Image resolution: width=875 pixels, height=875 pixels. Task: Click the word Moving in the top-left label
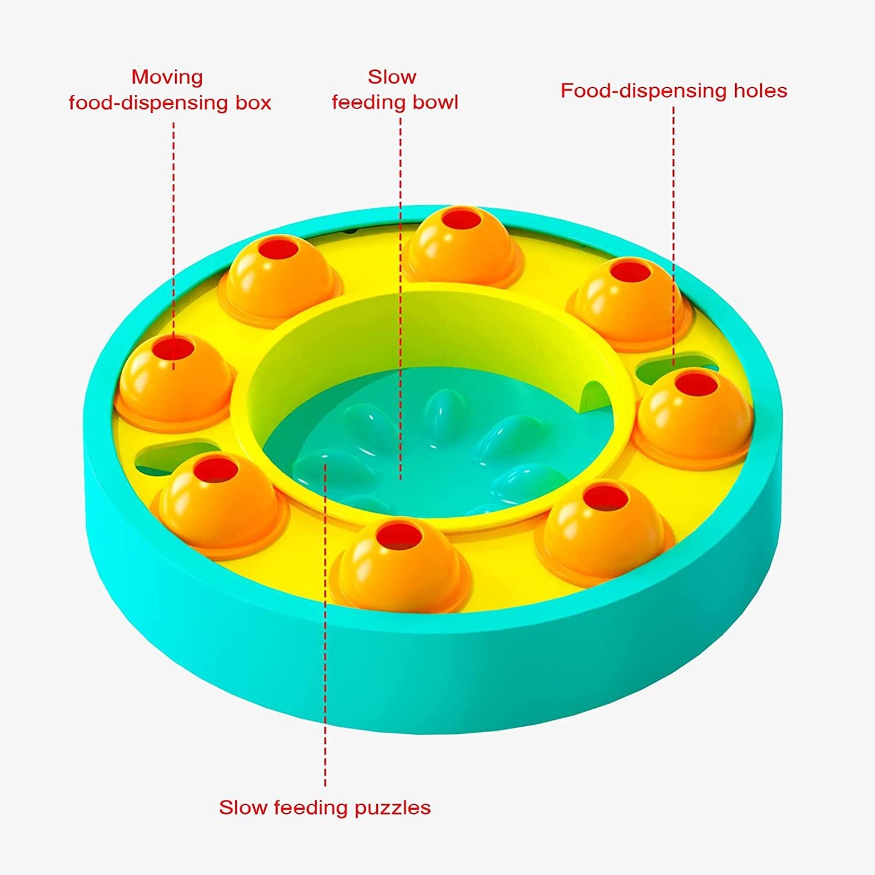tap(167, 78)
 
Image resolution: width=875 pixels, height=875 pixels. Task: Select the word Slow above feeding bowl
tap(392, 77)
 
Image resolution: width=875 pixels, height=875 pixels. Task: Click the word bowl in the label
tap(435, 102)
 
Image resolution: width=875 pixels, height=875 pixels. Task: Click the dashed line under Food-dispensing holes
tap(673, 236)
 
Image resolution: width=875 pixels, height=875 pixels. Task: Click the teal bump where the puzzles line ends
tap(325, 464)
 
